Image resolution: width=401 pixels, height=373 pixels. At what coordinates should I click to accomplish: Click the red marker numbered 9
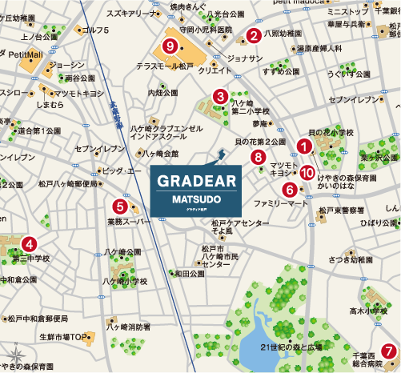169,46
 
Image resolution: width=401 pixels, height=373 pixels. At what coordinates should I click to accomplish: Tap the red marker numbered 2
253,34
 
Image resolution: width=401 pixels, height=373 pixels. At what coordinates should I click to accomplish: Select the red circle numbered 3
219,97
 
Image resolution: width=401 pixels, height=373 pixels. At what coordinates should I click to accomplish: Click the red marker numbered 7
387,350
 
